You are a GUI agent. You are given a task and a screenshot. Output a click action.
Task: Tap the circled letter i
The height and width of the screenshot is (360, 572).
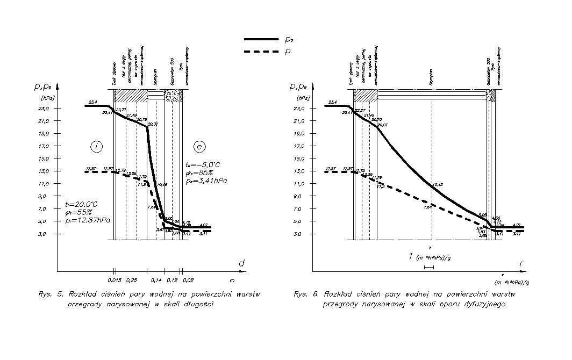click(x=96, y=146)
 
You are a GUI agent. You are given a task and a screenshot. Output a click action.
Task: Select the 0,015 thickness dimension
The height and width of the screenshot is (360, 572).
click(x=113, y=280)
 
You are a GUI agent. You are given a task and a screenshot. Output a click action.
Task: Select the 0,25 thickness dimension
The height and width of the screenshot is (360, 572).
click(x=131, y=280)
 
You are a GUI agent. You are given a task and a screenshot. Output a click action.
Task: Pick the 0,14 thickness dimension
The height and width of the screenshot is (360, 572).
click(x=156, y=280)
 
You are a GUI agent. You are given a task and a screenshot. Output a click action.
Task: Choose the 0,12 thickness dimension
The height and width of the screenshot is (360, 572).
click(x=173, y=280)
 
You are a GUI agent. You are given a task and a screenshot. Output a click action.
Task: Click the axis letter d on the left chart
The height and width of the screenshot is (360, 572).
click(x=242, y=263)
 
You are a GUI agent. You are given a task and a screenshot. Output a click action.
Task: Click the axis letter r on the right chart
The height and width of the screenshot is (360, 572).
click(x=521, y=264)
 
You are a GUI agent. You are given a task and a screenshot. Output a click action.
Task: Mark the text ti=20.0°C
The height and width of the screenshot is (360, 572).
click(x=81, y=204)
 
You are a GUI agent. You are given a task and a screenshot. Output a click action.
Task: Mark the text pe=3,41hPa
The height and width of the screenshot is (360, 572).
click(x=205, y=182)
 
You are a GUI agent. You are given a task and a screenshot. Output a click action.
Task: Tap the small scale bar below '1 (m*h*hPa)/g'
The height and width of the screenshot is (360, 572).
click(x=428, y=267)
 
